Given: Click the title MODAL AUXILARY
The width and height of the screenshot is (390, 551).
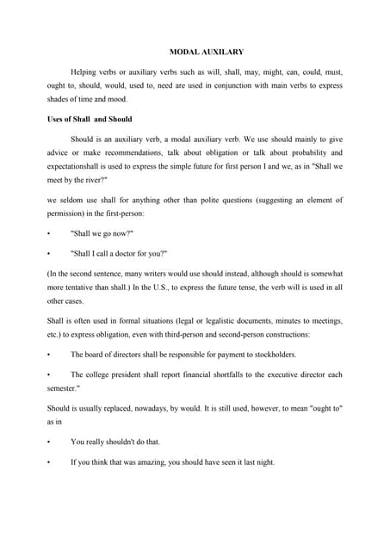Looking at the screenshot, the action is (195, 52).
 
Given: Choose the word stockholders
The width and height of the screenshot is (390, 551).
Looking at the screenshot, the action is (272, 354).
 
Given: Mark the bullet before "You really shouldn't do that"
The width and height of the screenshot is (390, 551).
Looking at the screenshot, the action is (49, 442).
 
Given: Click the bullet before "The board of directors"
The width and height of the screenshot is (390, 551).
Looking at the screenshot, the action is (49, 354).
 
